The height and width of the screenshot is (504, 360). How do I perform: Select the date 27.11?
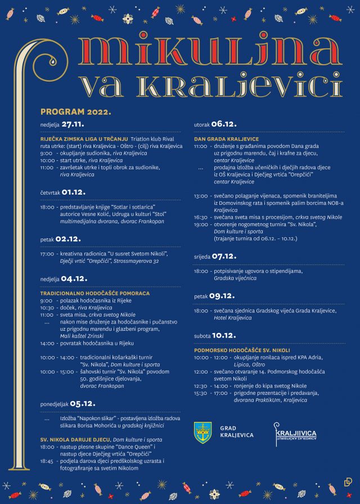(x=73, y=124)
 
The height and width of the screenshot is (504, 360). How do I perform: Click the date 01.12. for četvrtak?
(x=73, y=192)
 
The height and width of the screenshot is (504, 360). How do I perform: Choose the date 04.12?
(x=74, y=278)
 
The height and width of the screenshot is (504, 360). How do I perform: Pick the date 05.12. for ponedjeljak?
(x=83, y=403)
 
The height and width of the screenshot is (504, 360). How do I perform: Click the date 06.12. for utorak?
(x=224, y=124)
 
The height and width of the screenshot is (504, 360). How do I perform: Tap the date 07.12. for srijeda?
(x=224, y=256)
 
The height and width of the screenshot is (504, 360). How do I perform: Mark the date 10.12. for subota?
(x=224, y=335)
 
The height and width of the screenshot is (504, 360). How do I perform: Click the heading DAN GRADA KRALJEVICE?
(x=226, y=138)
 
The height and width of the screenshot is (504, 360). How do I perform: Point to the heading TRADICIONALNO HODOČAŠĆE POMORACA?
(x=94, y=293)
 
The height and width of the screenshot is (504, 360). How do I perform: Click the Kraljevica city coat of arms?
(x=202, y=432)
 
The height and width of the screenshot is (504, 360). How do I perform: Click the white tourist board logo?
(x=295, y=431)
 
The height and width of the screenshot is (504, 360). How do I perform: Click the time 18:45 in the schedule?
(x=47, y=461)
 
